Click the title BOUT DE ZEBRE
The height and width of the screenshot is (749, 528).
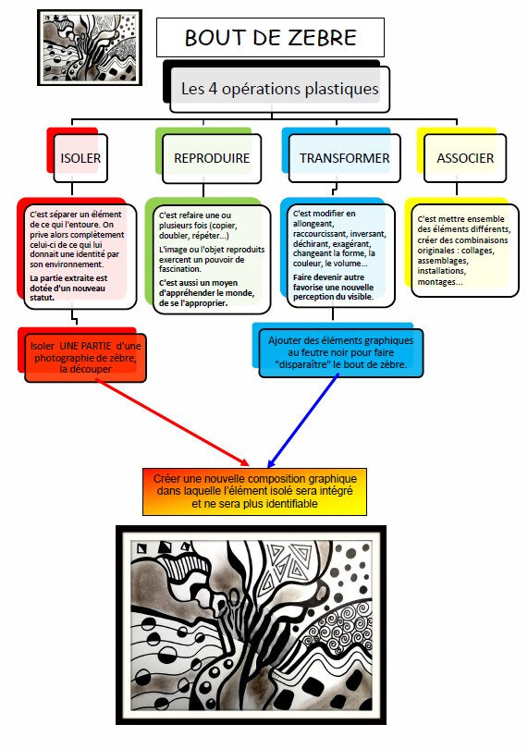(x=270, y=38)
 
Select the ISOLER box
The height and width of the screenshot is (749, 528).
(x=80, y=158)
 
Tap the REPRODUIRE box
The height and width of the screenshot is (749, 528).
(x=212, y=158)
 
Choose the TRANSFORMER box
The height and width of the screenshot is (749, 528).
(x=345, y=158)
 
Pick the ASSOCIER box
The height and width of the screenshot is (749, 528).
(x=465, y=158)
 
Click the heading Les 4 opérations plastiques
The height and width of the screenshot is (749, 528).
(x=280, y=89)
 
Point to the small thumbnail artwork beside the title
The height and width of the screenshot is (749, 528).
(x=90, y=48)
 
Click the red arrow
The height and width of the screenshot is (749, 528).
(x=173, y=423)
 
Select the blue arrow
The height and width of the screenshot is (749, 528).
(x=303, y=421)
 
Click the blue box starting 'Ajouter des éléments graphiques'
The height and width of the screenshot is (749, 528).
(x=340, y=353)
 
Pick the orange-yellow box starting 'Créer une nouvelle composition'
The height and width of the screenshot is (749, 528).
(x=254, y=492)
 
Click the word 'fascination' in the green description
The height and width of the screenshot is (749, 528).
(x=180, y=269)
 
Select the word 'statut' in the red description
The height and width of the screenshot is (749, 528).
(x=42, y=298)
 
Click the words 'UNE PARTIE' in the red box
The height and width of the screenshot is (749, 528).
(x=85, y=346)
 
